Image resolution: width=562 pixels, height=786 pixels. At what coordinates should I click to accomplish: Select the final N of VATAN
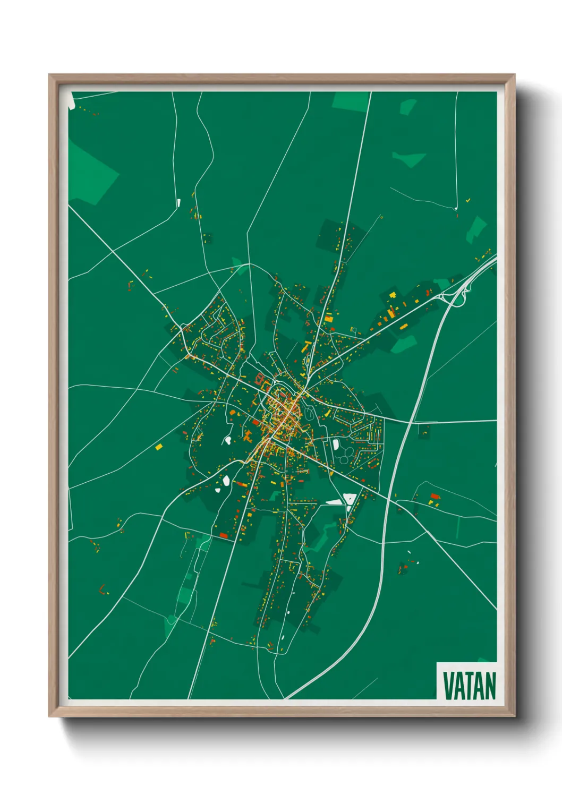click(490, 686)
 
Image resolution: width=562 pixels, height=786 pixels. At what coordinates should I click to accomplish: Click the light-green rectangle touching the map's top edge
click(351, 101)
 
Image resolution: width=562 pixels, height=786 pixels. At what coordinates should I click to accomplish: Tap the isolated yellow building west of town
click(158, 447)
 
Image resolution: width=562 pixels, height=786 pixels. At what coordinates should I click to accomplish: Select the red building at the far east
click(435, 497)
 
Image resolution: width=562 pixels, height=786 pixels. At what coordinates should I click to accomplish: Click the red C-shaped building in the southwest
click(103, 589)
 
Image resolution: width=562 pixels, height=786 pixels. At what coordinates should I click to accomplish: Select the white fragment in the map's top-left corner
click(71, 104)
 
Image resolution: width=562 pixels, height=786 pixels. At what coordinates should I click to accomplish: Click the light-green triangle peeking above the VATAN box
click(484, 660)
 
